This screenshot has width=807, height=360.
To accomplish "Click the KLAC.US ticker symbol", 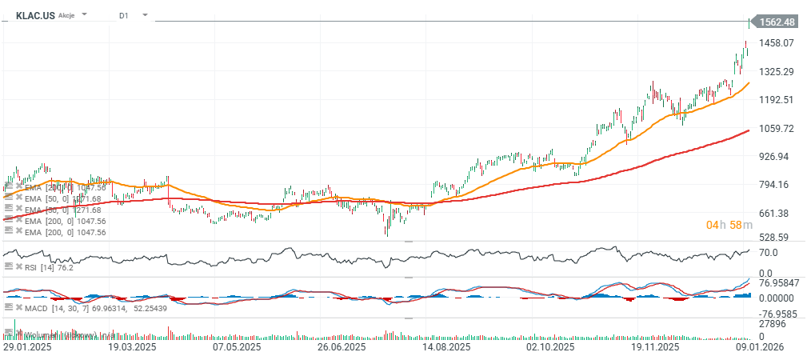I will coord(35,15).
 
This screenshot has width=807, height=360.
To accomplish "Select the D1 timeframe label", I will coord(123,15).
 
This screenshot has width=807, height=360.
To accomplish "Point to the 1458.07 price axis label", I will coord(777,43).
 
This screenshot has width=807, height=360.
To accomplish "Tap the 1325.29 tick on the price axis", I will coord(777,72).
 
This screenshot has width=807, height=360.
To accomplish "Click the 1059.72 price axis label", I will coord(777,129).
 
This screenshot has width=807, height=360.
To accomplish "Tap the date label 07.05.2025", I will coord(237,348).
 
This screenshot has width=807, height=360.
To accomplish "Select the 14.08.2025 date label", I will coord(445,348).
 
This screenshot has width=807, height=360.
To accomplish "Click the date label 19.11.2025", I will coord(656,348).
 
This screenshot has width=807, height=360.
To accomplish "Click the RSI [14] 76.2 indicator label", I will coord(50,267).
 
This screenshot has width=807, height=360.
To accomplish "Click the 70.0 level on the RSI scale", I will coord(769,252).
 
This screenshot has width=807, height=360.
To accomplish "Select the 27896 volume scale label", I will coord(773,323).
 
